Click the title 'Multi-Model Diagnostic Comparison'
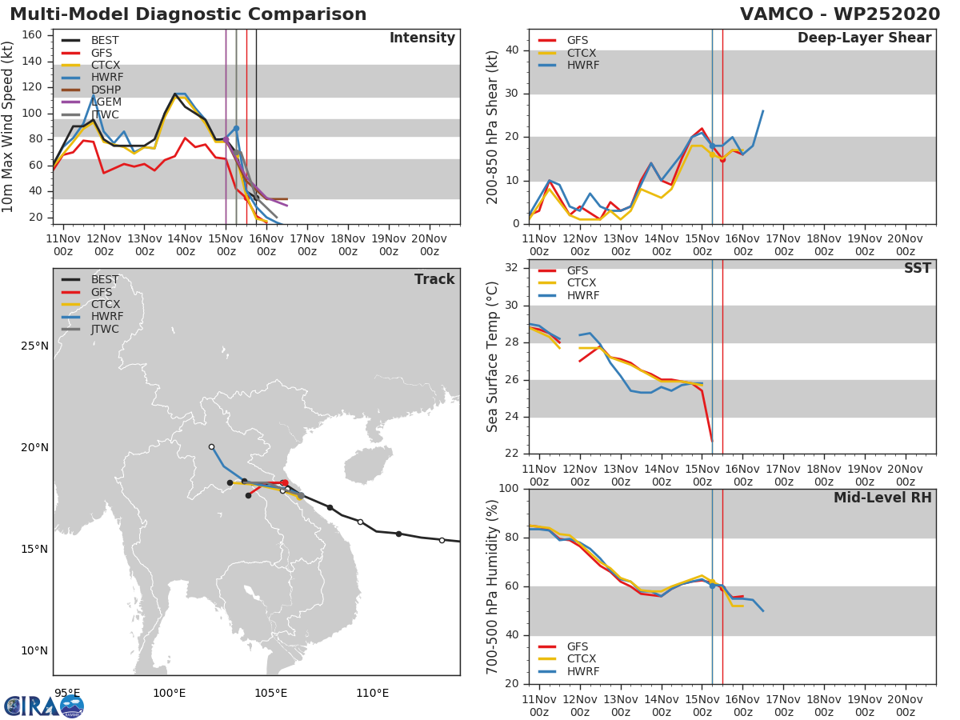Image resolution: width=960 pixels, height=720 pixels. pyautogui.click(x=188, y=14)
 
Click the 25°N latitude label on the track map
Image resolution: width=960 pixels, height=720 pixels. pyautogui.click(x=34, y=346)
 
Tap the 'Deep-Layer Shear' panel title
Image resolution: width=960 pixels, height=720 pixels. pyautogui.click(x=864, y=38)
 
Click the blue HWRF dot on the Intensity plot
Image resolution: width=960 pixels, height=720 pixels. pyautogui.click(x=236, y=128)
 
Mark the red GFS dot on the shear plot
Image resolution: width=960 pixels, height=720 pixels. pyautogui.click(x=722, y=159)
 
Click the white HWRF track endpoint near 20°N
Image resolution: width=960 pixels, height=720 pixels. pyautogui.click(x=211, y=447)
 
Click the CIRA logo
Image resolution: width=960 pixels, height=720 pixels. pyautogui.click(x=44, y=706)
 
